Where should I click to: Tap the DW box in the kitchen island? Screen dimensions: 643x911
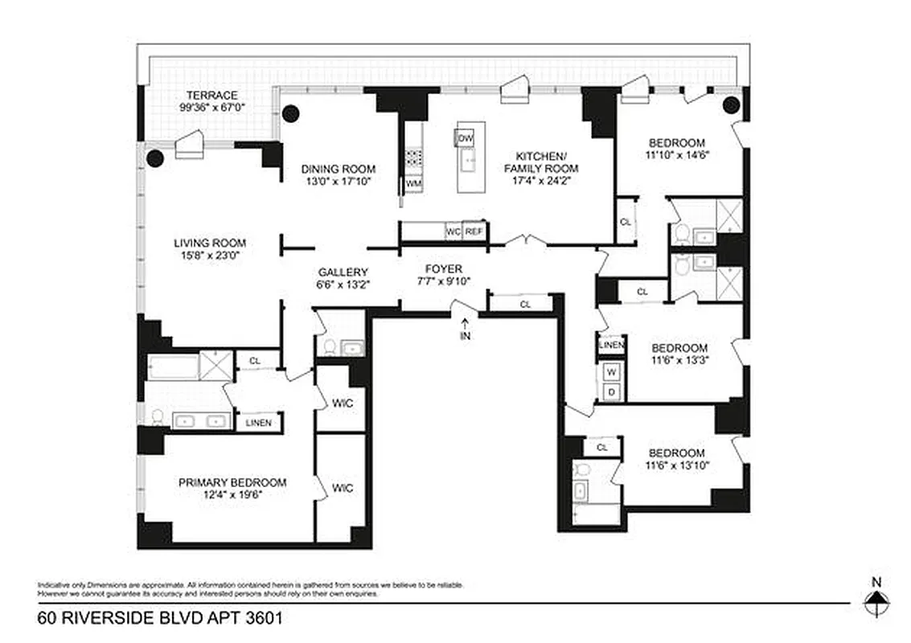coord(466,138)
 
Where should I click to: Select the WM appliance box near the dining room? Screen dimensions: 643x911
coord(413,184)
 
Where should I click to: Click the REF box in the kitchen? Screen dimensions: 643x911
coord(474,231)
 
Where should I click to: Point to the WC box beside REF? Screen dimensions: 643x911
coord(454,231)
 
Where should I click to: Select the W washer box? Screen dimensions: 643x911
coord(611,372)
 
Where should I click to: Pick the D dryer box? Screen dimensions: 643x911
coord(611,391)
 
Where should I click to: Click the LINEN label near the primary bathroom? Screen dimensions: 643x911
coord(259,423)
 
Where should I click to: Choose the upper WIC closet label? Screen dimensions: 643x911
coord(343,402)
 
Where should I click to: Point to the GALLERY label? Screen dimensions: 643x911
coord(343,272)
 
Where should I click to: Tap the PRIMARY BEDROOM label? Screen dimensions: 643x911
coord(232,482)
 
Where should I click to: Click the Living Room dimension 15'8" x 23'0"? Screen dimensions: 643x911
coord(210,255)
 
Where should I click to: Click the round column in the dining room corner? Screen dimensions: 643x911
coord(290,114)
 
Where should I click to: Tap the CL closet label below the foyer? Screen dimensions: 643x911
coord(525,305)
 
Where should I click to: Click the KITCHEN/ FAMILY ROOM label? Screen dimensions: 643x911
coord(541,162)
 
